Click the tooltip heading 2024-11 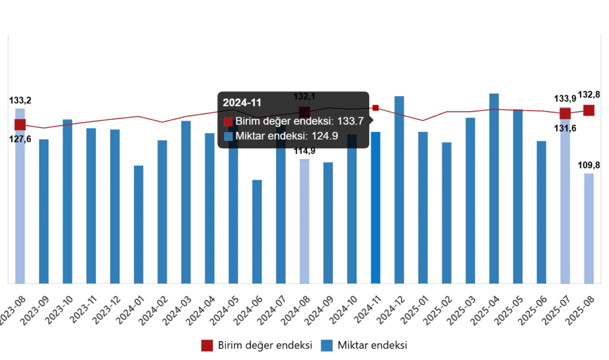pyautogui.click(x=241, y=102)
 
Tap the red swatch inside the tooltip pyautogui.click(x=228, y=122)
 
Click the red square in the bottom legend pyautogui.click(x=207, y=346)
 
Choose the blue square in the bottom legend pyautogui.click(x=327, y=346)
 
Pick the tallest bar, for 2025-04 pyautogui.click(x=494, y=188)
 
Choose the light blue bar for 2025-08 pyautogui.click(x=590, y=227)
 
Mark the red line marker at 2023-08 pyautogui.click(x=20, y=125)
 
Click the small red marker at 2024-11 pyautogui.click(x=375, y=109)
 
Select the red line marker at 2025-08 pyautogui.click(x=589, y=110)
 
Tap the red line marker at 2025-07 pyautogui.click(x=565, y=114)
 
